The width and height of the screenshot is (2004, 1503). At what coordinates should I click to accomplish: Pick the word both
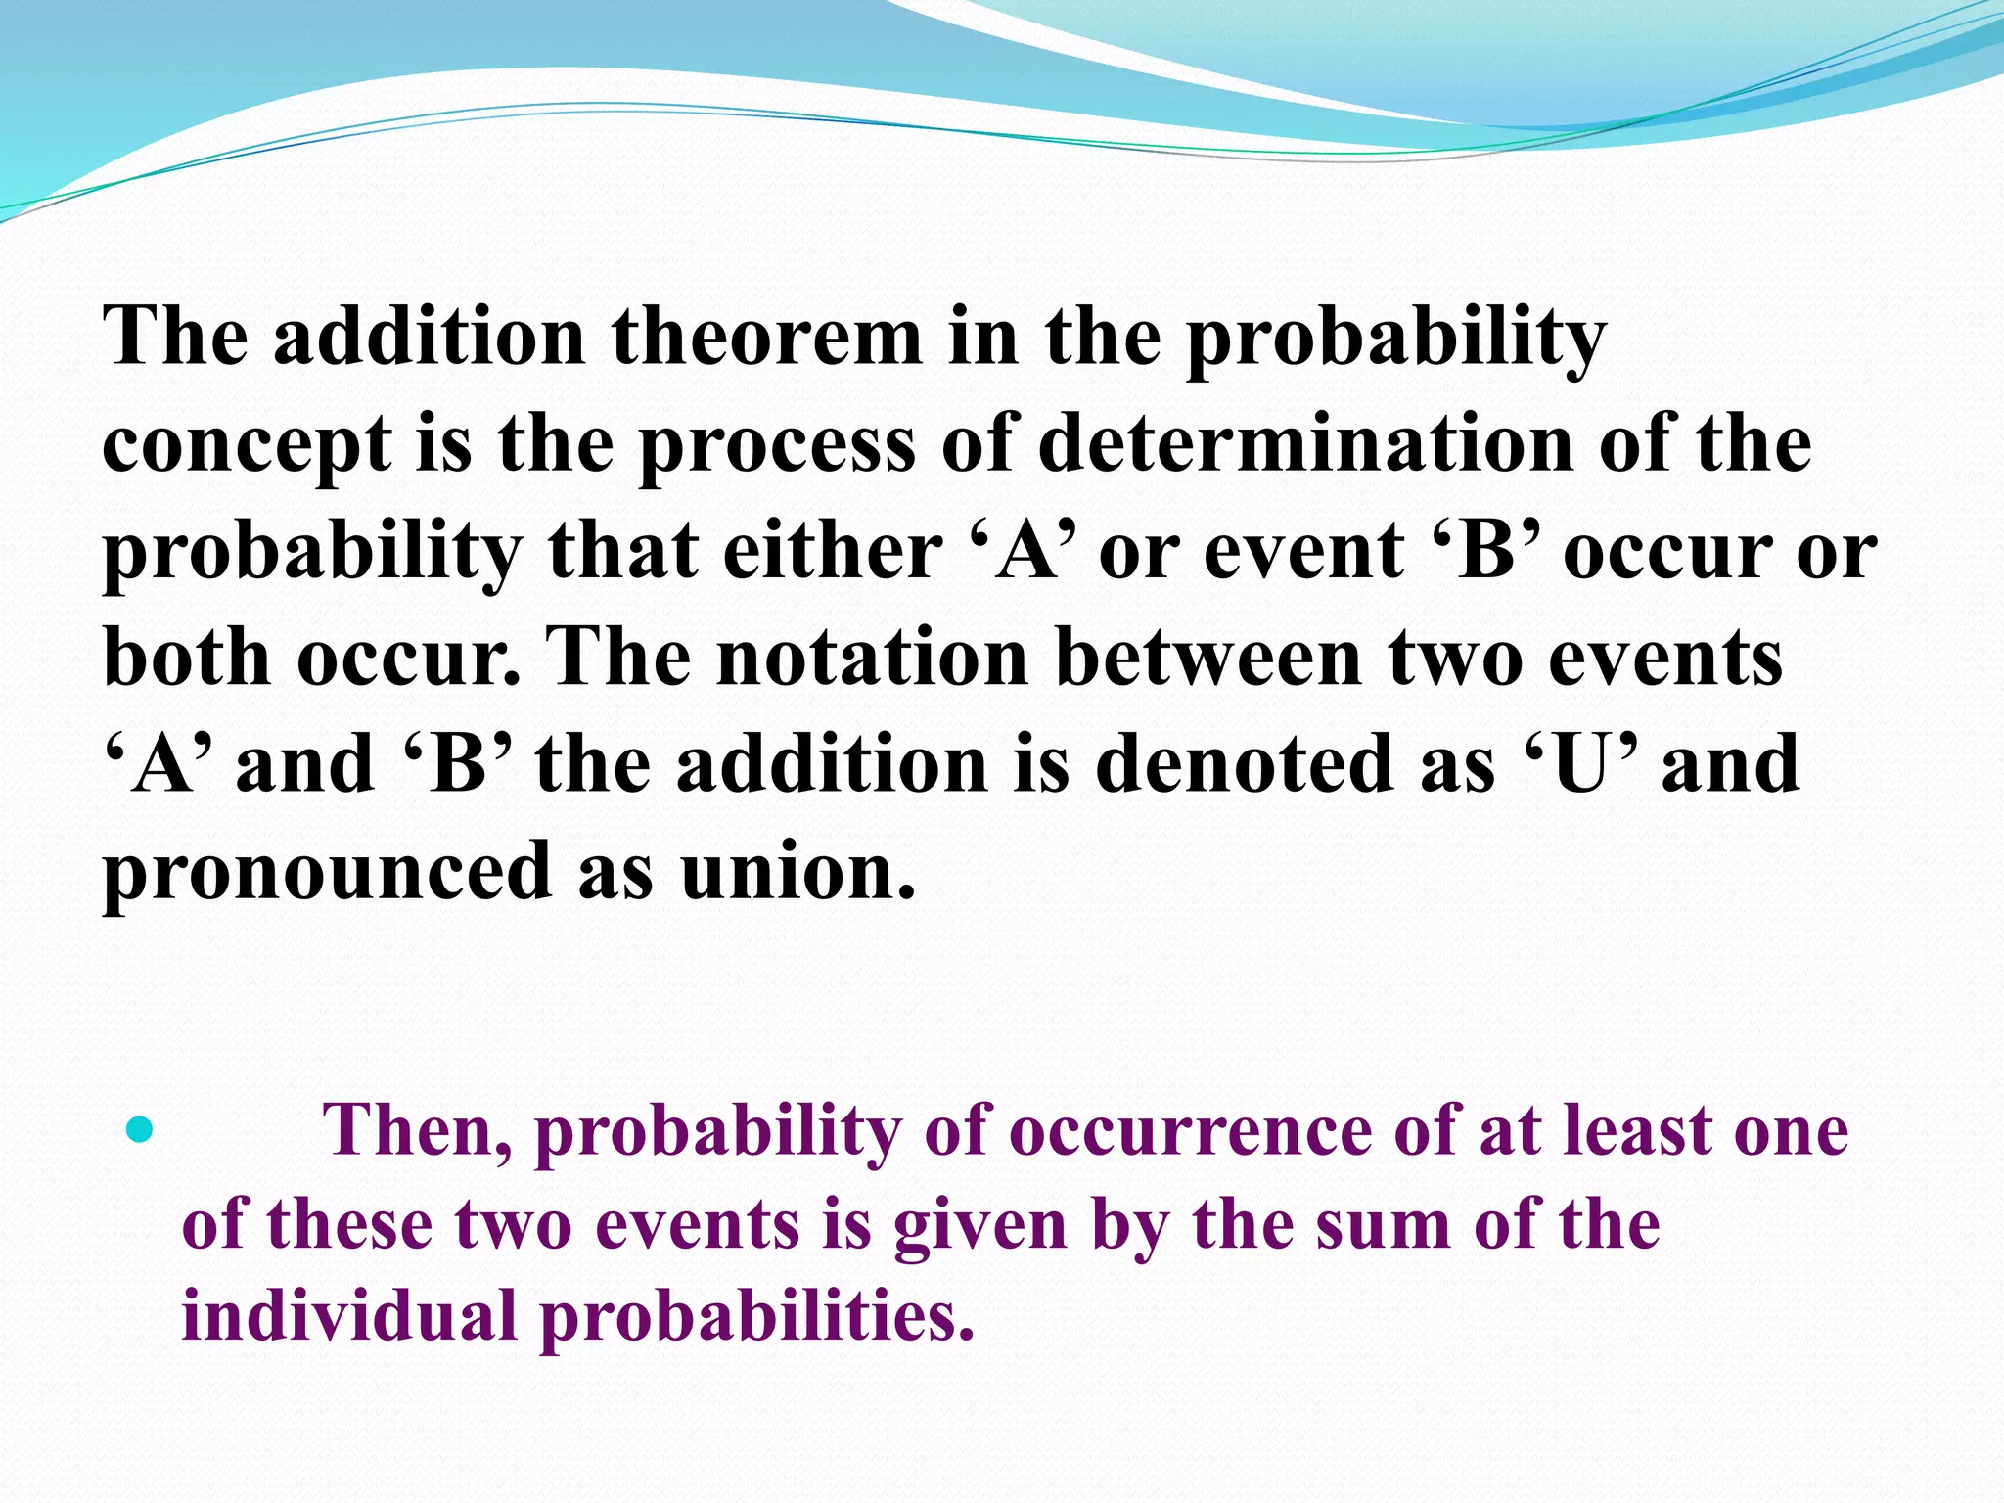click(x=187, y=658)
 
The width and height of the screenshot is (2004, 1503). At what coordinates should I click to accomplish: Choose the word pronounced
click(x=327, y=872)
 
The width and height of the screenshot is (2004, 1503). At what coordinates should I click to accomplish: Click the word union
click(x=797, y=872)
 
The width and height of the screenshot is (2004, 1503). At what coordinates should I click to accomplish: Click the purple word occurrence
click(x=1190, y=1131)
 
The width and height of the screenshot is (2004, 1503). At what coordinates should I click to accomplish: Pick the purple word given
click(x=979, y=1226)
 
